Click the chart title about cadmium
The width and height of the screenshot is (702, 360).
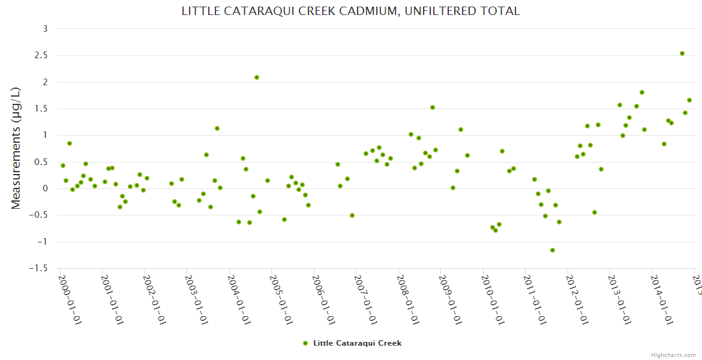pyautogui.click(x=350, y=11)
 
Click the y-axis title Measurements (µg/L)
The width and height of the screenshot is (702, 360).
pyautogui.click(x=16, y=148)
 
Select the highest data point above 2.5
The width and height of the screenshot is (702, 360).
pyautogui.click(x=682, y=53)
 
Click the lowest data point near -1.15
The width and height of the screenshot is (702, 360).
pyautogui.click(x=553, y=250)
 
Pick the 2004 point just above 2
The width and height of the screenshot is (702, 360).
pyautogui.click(x=257, y=77)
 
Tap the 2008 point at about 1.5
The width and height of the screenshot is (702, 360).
pyautogui.click(x=433, y=107)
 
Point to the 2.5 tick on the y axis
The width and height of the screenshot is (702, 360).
pyautogui.click(x=41, y=55)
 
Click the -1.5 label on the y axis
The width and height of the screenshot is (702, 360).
pyautogui.click(x=39, y=268)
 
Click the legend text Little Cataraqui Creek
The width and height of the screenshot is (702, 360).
pyautogui.click(x=357, y=343)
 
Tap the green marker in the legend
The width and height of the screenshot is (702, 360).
pyautogui.click(x=305, y=343)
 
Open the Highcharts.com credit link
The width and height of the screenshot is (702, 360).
pyautogui.click(x=673, y=355)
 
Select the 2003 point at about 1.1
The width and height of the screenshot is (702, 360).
pyautogui.click(x=217, y=128)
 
